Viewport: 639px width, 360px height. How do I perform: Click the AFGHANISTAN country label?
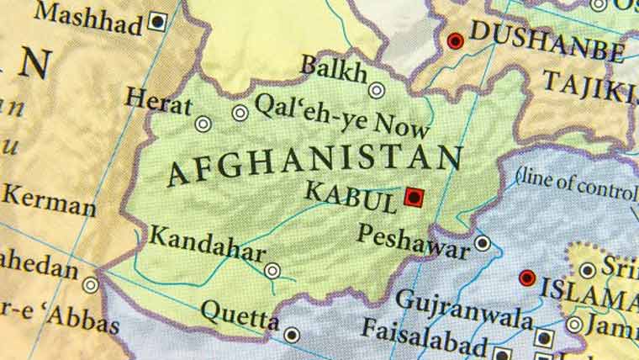tap(314, 164)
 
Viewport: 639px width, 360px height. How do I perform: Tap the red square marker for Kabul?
tap(413, 197)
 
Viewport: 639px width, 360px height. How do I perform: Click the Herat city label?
tap(157, 99)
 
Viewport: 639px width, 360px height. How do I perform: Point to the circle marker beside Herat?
tap(203, 124)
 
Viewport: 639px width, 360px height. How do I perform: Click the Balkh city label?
tap(334, 68)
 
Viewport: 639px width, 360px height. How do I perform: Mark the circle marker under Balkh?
tap(377, 90)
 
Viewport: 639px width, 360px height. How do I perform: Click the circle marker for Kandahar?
tap(272, 270)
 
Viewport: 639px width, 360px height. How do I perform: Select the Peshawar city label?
tap(413, 241)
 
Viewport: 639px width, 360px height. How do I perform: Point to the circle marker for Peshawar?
tap(483, 244)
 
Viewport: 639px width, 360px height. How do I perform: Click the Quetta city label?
tap(240, 316)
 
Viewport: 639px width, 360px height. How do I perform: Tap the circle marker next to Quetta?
tap(291, 334)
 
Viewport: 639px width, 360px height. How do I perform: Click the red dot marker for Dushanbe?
tap(456, 40)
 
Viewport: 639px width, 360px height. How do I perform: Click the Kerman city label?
tap(49, 202)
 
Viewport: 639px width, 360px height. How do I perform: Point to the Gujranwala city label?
tap(463, 309)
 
